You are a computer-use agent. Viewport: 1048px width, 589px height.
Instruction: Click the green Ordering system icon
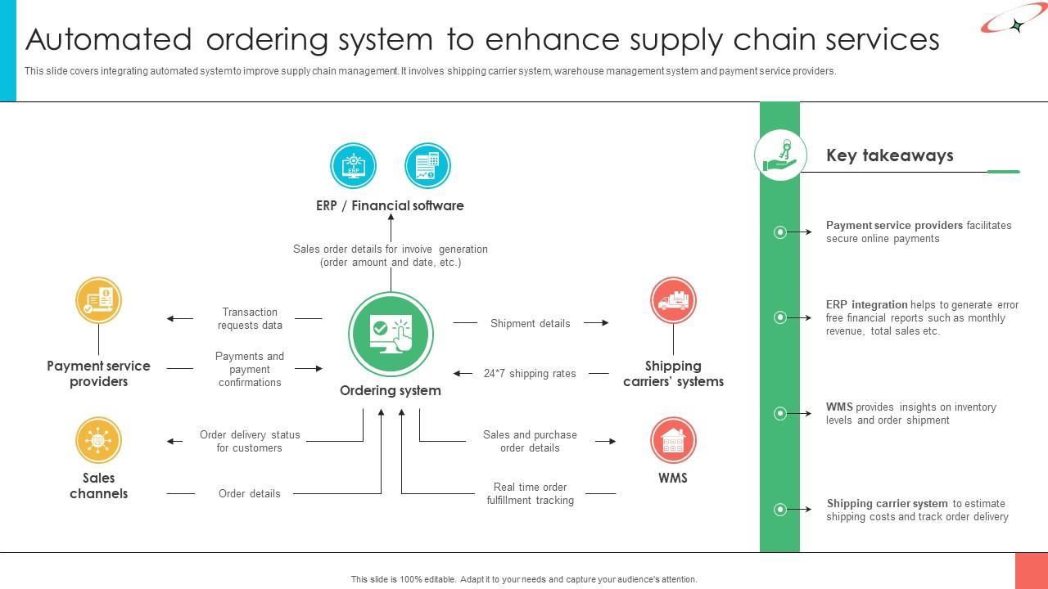tap(391, 334)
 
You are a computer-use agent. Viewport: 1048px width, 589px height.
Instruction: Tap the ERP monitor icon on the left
tap(353, 165)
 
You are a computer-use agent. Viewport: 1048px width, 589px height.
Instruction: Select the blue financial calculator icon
tap(427, 165)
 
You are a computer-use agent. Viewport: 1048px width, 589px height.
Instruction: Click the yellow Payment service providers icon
tap(98, 300)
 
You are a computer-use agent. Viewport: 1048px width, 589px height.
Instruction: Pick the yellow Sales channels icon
tap(98, 440)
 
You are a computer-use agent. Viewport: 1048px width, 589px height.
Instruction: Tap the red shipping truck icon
tap(673, 300)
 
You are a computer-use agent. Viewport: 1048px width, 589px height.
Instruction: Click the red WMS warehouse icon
tap(673, 440)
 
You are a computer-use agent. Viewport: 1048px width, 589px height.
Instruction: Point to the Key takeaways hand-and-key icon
tap(780, 155)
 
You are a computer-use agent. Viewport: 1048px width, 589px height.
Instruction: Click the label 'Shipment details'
tap(530, 323)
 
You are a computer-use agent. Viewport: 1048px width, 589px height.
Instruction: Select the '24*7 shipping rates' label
tap(530, 374)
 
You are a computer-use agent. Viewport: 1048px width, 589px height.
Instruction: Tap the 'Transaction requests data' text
tap(250, 318)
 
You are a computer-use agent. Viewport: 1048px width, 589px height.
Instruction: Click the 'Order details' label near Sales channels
tap(249, 493)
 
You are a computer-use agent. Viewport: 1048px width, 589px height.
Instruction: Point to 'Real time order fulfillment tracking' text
tap(530, 493)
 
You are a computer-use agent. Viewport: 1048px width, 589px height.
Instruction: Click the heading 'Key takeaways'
tap(889, 155)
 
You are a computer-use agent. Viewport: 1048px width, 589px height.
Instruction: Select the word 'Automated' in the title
tap(108, 39)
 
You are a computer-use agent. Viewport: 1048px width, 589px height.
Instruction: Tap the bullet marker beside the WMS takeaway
tap(780, 413)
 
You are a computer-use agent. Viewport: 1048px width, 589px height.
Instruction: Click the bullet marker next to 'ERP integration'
tap(780, 317)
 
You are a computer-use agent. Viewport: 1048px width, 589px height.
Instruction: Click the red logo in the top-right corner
tap(1013, 20)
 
